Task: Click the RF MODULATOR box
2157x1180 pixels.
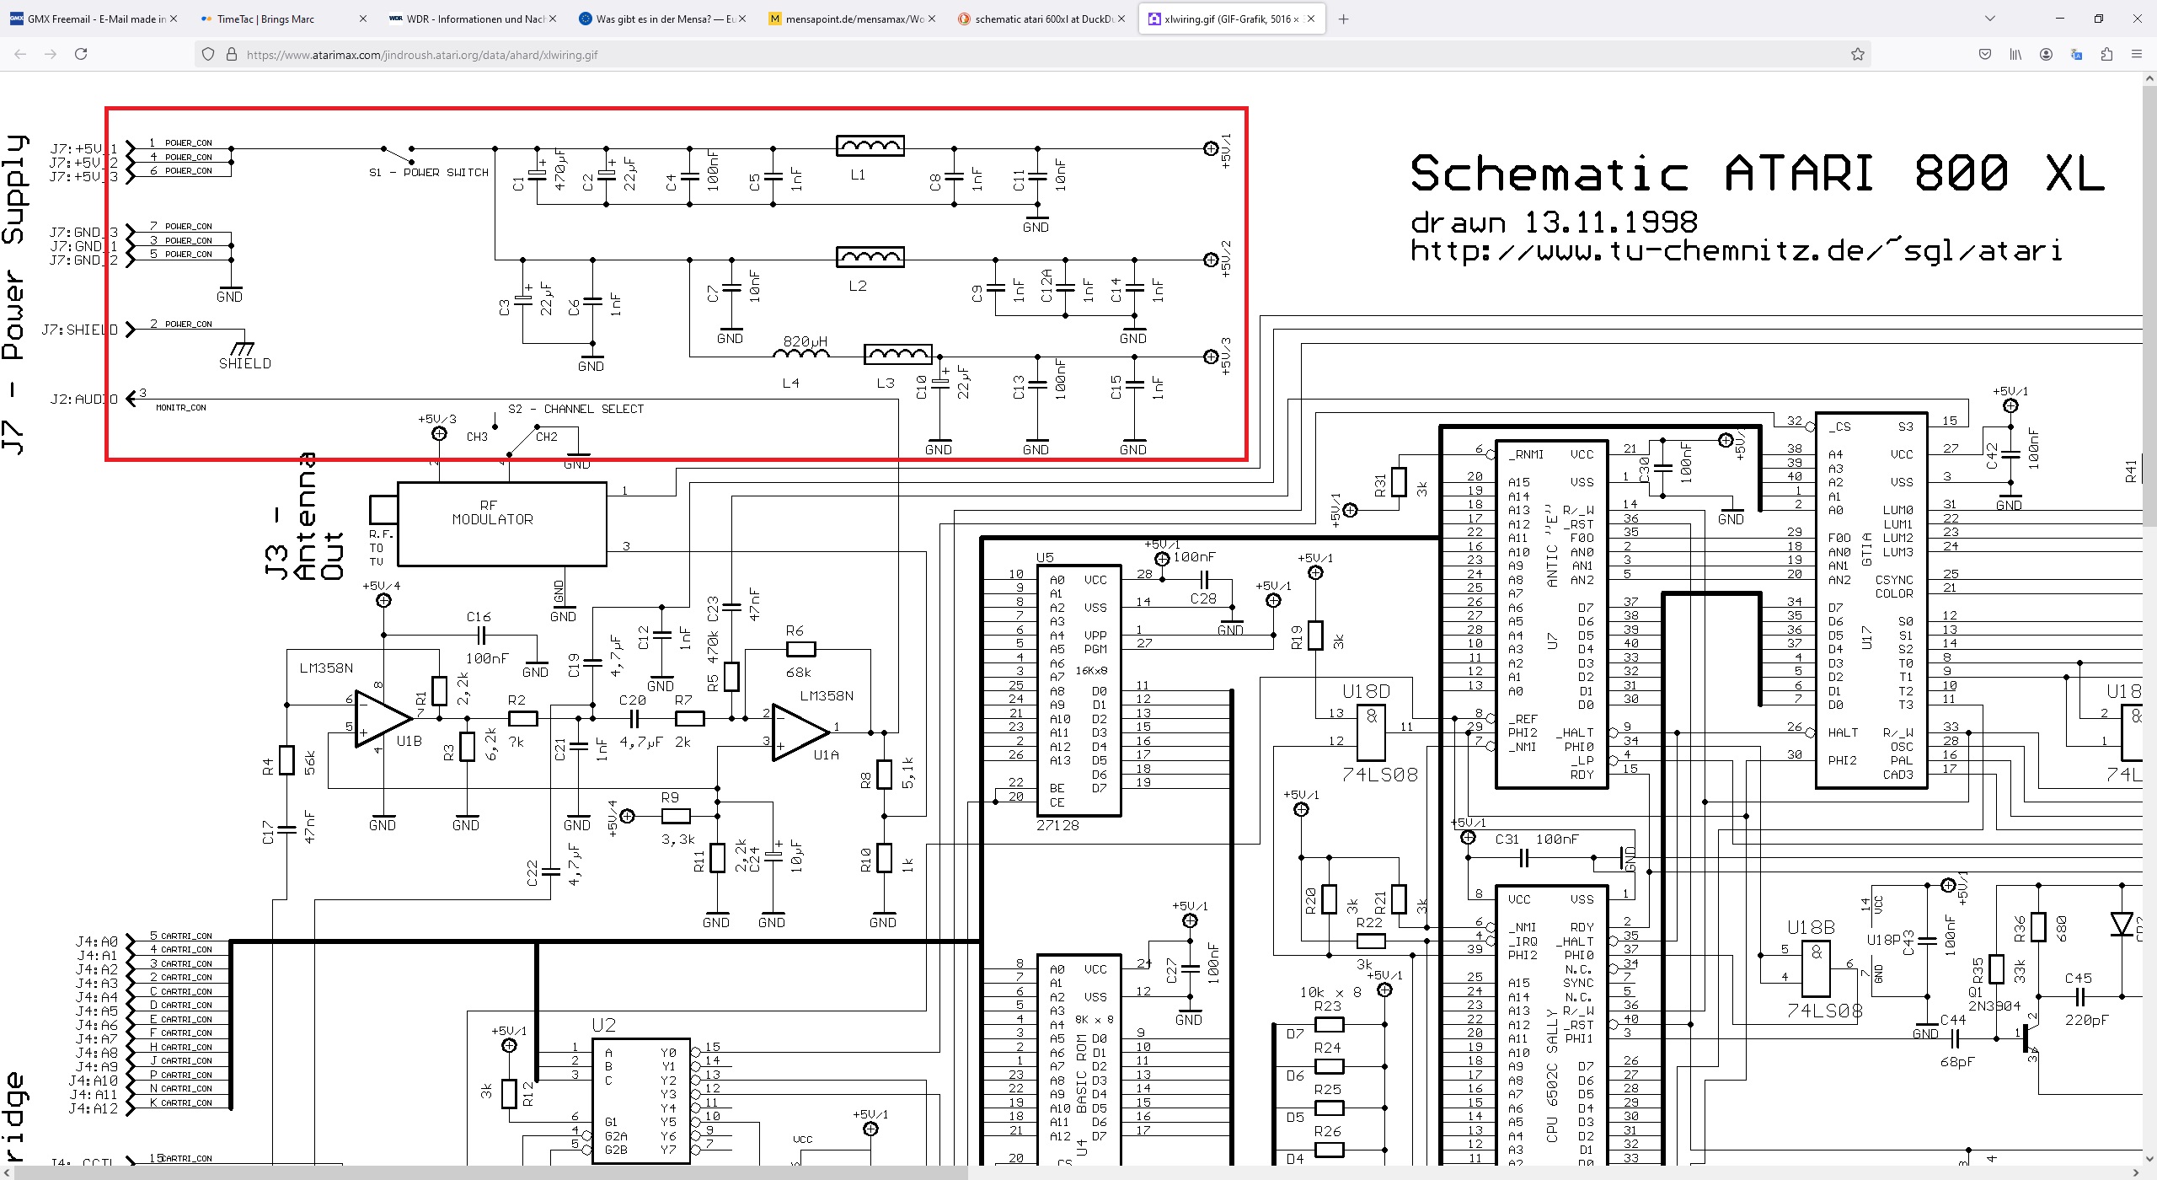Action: click(501, 523)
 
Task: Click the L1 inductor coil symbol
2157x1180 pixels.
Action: click(870, 146)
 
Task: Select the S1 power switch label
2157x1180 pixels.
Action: click(428, 172)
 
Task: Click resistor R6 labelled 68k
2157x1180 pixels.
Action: click(800, 649)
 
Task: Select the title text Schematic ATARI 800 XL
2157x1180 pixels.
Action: click(1757, 174)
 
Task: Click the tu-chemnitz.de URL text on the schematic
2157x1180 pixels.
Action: click(1736, 250)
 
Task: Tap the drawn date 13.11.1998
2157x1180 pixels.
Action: click(1610, 223)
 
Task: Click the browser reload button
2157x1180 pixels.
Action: click(81, 54)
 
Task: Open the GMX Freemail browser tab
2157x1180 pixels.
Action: click(93, 19)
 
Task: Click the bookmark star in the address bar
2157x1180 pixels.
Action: click(1857, 54)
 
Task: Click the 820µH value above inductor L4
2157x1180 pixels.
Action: click(805, 341)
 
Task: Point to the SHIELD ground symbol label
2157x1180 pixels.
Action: click(244, 363)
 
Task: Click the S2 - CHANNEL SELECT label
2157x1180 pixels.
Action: click(575, 409)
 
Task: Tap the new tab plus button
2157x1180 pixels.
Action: click(1343, 19)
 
